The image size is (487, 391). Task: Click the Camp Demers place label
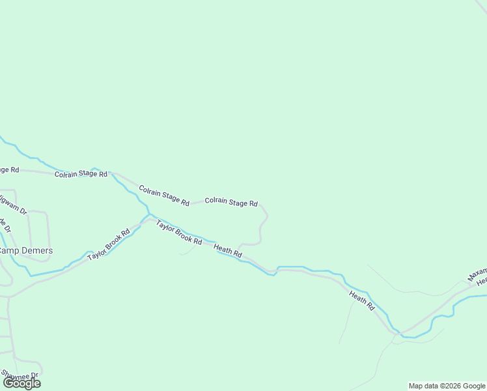[x=26, y=251]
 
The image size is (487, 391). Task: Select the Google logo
[x=21, y=383]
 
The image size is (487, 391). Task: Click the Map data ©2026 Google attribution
[x=447, y=386]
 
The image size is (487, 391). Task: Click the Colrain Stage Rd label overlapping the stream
[x=81, y=174]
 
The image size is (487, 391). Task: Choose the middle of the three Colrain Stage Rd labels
[x=163, y=195]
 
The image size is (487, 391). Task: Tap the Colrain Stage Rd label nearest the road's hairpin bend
[x=231, y=202]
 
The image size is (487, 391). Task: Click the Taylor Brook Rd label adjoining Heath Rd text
[x=178, y=232]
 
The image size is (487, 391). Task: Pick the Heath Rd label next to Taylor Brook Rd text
[x=228, y=250]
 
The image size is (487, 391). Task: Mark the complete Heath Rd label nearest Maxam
[x=362, y=300]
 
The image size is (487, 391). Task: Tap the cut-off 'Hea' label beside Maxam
[x=481, y=282]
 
